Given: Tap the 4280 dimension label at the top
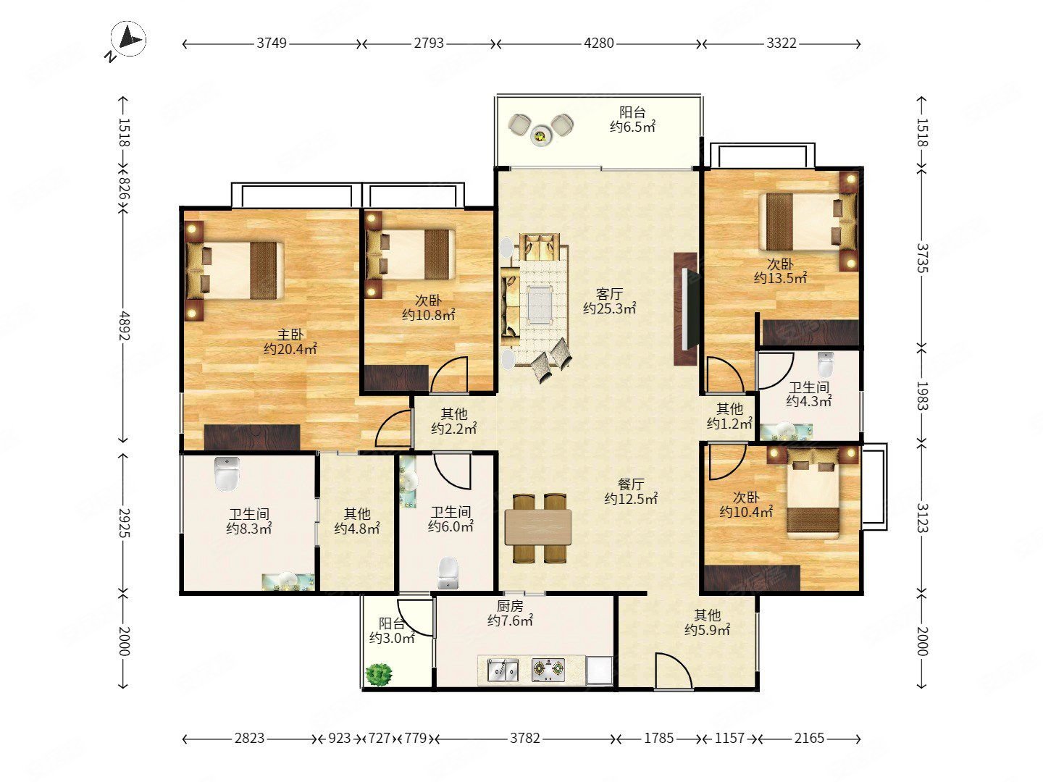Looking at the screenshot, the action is [599, 43].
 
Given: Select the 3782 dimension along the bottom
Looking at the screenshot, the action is [525, 738].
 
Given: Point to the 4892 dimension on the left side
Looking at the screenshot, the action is [124, 325].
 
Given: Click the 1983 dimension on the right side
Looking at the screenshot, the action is [922, 396].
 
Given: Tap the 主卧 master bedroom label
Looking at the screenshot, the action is [290, 335].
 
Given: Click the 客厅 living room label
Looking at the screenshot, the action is [609, 293].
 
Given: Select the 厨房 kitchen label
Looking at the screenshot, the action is [510, 606].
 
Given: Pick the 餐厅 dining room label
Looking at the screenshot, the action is [631, 484].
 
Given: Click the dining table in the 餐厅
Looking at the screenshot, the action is [538, 526].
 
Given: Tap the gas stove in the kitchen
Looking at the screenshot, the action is [548, 670].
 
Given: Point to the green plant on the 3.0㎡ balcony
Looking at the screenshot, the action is [379, 673].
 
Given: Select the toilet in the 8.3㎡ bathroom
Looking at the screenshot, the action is [227, 474].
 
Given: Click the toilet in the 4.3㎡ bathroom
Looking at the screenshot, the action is [826, 363].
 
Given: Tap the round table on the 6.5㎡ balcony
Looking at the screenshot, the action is [541, 136].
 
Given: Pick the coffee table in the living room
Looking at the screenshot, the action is [540, 304].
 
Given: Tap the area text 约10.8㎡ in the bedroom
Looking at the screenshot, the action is [429, 314].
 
